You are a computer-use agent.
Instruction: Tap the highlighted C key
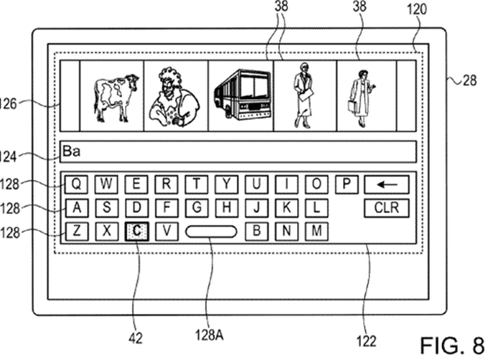click(136, 232)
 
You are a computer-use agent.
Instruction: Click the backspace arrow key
click(387, 185)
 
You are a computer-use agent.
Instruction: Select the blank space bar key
click(211, 232)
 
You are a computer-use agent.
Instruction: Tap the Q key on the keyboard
click(76, 184)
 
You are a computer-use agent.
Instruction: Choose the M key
click(316, 232)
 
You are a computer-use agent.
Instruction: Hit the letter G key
click(197, 208)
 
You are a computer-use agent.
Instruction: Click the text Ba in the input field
click(72, 151)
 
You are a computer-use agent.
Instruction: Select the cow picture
click(115, 98)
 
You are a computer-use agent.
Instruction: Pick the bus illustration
click(242, 95)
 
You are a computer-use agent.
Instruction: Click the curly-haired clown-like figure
click(174, 97)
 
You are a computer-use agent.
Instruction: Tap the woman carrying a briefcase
click(361, 98)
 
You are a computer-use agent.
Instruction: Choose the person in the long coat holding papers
click(303, 95)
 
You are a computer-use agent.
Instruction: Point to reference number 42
click(136, 338)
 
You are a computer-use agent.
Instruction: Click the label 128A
click(209, 335)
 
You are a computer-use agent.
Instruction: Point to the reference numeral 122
click(367, 341)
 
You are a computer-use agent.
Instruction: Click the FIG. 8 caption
click(452, 345)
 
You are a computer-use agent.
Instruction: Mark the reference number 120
click(417, 9)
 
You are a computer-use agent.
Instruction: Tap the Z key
click(76, 232)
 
